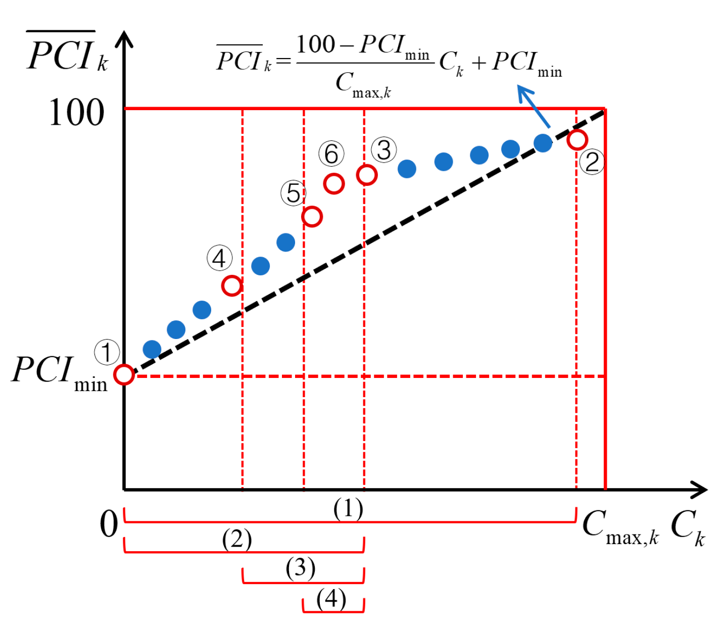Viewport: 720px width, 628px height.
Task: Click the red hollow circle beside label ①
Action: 124,375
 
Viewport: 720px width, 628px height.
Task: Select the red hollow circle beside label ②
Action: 577,139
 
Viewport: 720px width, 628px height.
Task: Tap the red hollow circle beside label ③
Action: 367,175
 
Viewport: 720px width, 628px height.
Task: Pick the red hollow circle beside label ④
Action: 232,286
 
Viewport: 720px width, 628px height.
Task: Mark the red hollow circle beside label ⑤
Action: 312,217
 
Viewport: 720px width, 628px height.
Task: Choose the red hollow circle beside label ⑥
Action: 334,183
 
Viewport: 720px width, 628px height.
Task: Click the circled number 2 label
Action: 592,162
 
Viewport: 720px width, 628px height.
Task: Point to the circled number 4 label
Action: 219,258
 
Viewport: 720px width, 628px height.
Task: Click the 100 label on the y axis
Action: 76,113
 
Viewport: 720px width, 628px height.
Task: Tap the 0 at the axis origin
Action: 109,524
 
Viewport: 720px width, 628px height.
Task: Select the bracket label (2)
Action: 236,539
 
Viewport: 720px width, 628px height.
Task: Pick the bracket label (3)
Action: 301,568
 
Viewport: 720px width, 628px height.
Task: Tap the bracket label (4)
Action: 331,599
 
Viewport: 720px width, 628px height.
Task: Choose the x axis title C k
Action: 688,527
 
